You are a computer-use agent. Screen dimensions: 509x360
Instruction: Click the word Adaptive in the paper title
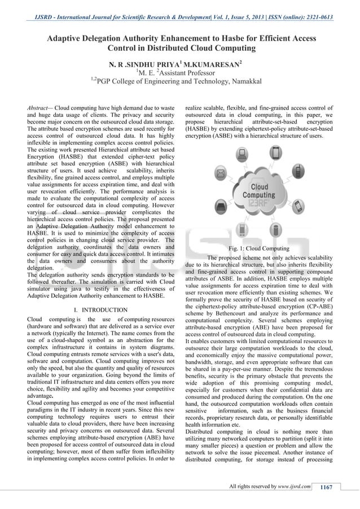tap(65, 38)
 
